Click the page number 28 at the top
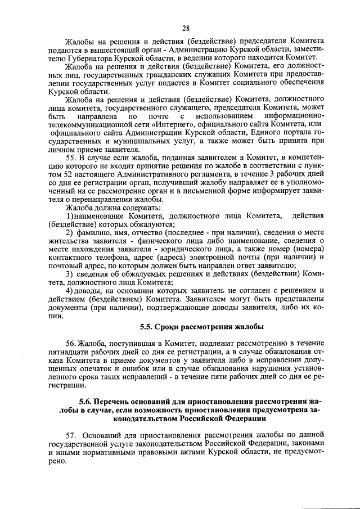pos(186,28)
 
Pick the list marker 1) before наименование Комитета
pos(70,216)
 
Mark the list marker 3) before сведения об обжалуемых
pos(70,274)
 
